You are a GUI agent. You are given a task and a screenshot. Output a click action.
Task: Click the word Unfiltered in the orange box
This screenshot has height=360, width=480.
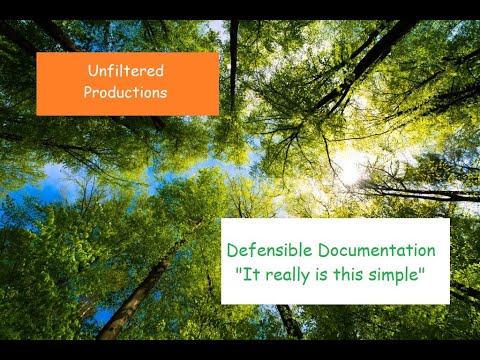coord(126,71)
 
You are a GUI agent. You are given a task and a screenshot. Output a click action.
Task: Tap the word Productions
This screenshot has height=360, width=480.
coord(126,92)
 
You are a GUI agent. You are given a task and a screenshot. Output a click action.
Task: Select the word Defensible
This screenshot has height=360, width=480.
coord(266,250)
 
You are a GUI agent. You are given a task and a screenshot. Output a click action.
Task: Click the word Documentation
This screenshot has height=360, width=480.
coord(374,250)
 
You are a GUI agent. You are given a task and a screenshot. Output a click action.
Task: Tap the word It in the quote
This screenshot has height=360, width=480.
coord(250,273)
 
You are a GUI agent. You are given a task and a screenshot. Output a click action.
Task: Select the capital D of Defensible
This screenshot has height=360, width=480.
coord(232,250)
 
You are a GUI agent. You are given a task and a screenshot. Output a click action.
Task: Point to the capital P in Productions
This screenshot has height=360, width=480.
coord(88,92)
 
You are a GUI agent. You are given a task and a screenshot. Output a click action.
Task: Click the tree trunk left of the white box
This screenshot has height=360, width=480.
coord(140,290)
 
